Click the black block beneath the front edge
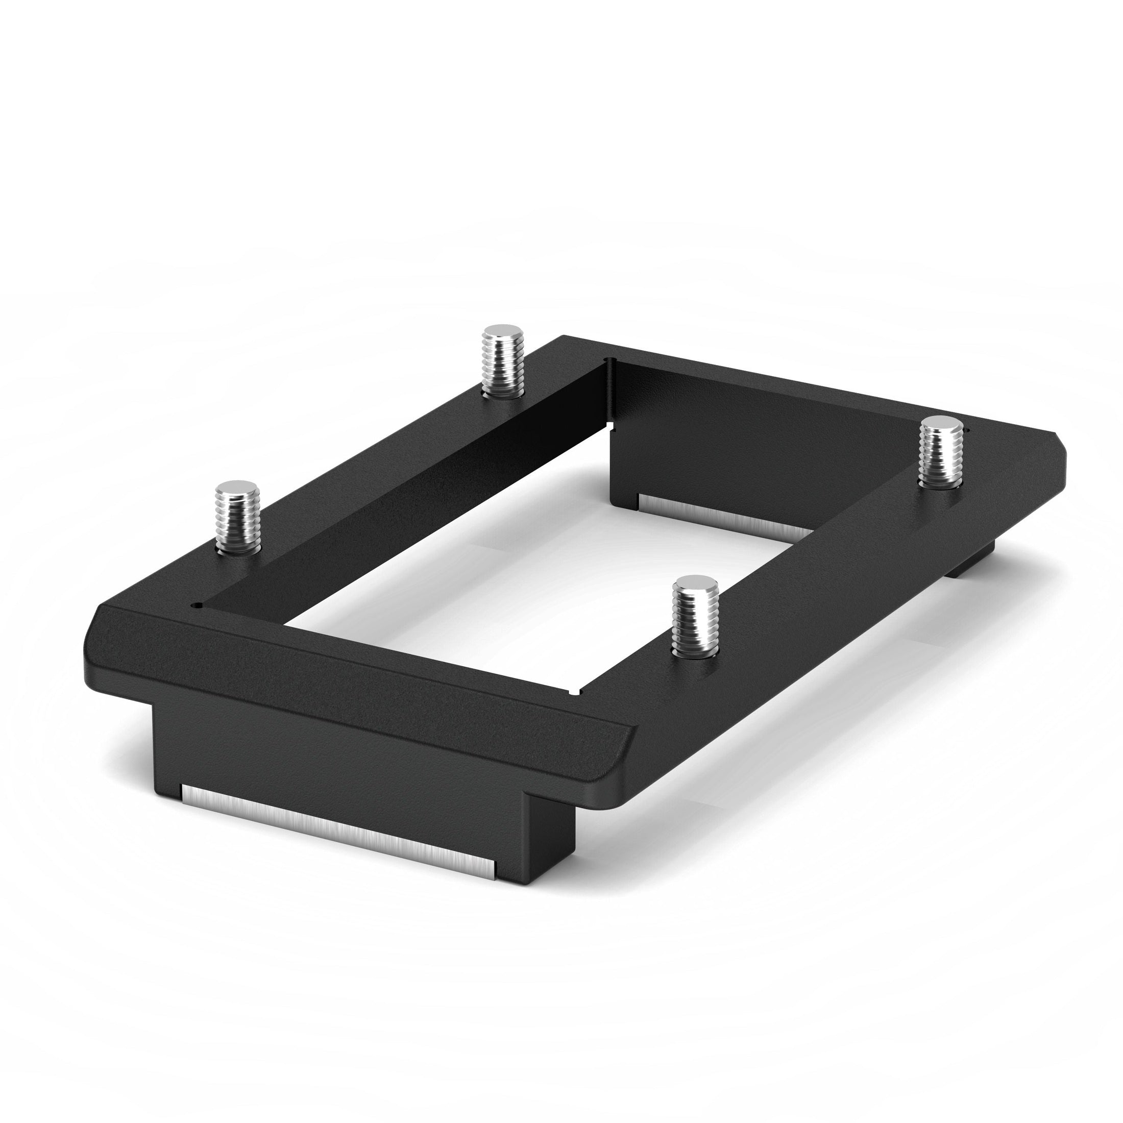[x=349, y=750]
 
